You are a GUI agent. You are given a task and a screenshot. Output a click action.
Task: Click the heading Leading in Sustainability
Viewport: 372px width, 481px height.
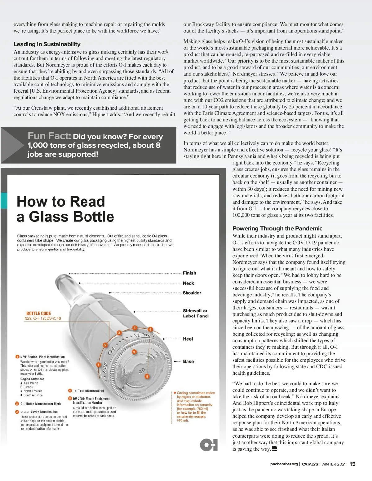47,44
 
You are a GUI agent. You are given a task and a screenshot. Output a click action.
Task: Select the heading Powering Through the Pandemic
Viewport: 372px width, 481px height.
277,229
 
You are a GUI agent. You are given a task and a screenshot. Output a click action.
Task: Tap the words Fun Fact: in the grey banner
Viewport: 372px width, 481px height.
49,136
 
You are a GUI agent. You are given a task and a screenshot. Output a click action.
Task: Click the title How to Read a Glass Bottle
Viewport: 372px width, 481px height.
65,209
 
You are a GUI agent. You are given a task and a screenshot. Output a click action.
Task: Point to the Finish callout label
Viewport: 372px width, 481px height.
189,273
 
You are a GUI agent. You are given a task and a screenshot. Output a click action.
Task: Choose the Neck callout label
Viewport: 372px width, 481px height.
188,283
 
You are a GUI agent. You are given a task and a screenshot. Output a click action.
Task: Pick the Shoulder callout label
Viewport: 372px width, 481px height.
192,293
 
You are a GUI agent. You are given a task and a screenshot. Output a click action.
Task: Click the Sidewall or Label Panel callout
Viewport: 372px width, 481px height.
196,313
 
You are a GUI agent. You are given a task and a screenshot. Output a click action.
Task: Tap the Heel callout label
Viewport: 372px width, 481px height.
188,339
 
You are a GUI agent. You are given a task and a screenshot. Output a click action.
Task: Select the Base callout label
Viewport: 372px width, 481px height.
188,362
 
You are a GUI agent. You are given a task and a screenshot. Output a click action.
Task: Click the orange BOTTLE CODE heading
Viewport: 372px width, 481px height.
38,313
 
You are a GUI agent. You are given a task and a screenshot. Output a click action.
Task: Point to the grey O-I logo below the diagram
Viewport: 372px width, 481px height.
209,445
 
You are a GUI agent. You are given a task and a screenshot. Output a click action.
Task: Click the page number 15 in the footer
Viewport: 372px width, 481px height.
352,464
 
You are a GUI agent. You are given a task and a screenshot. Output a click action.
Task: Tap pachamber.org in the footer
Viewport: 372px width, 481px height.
284,464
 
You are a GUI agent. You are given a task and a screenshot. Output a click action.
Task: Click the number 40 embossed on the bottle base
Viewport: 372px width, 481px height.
142,371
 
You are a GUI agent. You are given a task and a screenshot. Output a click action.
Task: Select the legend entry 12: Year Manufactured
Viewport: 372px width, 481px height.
88,391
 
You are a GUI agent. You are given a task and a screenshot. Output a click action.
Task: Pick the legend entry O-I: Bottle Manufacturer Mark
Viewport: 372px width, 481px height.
41,404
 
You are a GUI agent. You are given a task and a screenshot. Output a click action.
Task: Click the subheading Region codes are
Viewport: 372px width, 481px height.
32,379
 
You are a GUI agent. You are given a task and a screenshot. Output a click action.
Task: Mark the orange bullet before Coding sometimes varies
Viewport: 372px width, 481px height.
175,393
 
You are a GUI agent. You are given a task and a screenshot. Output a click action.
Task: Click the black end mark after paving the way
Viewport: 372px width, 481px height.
274,449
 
